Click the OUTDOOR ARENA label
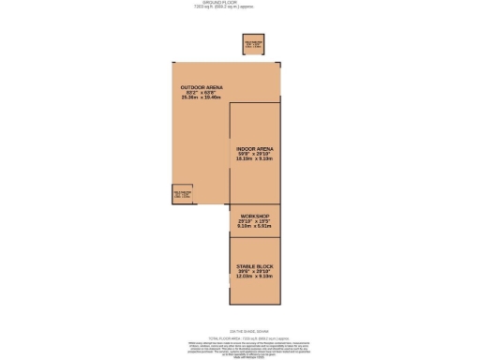[202, 87]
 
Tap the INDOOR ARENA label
[255, 148]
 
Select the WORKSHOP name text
[255, 216]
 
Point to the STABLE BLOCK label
[255, 266]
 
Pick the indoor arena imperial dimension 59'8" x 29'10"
[255, 154]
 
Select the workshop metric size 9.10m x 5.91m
[255, 226]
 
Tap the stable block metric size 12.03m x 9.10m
[255, 277]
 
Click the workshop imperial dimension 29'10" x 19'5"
[255, 221]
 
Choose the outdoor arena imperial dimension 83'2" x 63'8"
[202, 92]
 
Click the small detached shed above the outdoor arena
[253, 44]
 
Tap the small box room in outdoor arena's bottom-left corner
[182, 194]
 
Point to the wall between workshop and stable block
[255, 236]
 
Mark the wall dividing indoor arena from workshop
[255, 203]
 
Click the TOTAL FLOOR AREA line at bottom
[240, 338]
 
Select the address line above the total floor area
[240, 331]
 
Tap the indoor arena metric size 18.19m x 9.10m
[255, 158]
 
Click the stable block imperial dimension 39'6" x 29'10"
[255, 272]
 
